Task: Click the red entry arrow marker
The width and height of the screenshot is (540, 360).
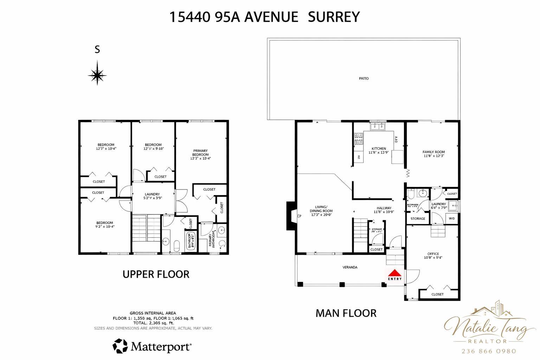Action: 394,273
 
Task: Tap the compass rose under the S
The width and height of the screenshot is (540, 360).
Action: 97,74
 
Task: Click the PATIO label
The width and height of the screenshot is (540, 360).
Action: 364,78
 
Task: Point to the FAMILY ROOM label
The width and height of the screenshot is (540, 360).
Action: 433,152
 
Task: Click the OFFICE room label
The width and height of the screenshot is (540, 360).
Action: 433,254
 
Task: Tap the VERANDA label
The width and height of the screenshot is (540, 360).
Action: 350,267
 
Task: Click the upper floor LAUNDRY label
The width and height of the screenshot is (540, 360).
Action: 152,194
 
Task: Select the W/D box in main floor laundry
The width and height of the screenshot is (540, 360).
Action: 451,219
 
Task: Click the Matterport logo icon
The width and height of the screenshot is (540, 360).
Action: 120,346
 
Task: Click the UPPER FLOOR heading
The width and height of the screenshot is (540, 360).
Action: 156,274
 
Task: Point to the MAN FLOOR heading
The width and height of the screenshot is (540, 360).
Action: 346,313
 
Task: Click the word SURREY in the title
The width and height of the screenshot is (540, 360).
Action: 334,17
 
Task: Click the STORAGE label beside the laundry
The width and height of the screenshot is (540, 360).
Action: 418,219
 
